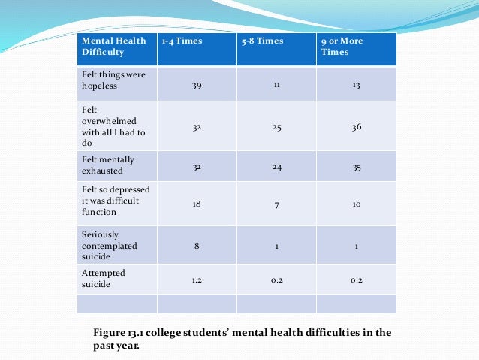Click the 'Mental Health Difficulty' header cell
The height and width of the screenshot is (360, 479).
pos(113,47)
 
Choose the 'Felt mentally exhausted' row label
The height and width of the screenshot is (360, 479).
pos(108,165)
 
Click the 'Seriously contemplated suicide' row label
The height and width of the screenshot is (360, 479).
pos(109,246)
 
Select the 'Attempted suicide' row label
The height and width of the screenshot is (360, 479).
pos(104,278)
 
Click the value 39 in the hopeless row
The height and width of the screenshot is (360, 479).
pos(196,86)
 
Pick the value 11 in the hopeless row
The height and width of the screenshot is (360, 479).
pos(276,86)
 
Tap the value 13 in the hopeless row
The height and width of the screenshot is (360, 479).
pos(356,86)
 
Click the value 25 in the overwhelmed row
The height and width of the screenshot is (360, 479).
pos(276,127)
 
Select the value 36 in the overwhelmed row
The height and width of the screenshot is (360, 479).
pos(356,127)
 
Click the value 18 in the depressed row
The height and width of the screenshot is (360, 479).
pos(196,204)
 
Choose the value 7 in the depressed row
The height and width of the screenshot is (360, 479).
pos(276,204)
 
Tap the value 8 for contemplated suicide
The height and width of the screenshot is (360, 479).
pos(196,245)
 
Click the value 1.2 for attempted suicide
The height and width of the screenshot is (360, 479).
pos(196,280)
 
